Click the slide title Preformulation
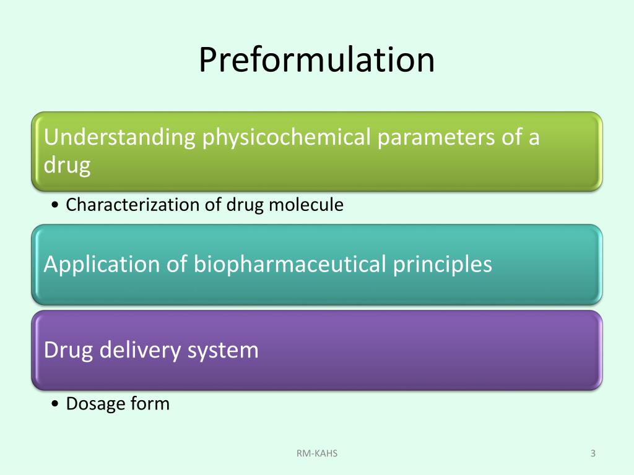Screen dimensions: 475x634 (316, 60)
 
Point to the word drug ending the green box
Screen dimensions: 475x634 (67, 166)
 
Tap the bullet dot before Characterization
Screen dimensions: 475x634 (56, 205)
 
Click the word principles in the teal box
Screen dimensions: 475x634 (443, 265)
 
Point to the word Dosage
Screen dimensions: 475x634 (95, 404)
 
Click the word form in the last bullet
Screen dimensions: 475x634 (150, 404)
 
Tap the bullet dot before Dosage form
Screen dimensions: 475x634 (56, 404)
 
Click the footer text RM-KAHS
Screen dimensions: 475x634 (317, 454)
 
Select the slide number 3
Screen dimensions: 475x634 (593, 454)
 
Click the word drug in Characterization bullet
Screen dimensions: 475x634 (245, 205)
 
